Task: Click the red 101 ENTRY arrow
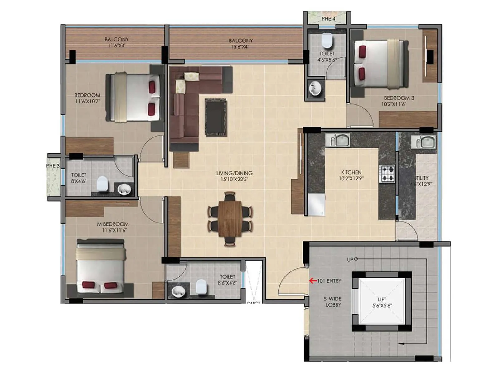[x=313, y=281]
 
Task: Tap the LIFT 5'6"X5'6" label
[x=382, y=303]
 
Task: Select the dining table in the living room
[x=230, y=219]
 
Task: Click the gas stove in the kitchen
[x=387, y=174]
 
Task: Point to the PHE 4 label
[x=328, y=19]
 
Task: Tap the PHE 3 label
[x=53, y=166]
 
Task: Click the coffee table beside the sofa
[x=216, y=117]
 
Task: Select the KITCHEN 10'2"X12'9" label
[x=351, y=175]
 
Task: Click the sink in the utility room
[x=424, y=142]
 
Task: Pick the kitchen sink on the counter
[x=338, y=140]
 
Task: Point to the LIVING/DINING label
[x=234, y=176]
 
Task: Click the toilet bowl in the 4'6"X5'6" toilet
[x=327, y=41]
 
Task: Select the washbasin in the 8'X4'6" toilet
[x=124, y=189]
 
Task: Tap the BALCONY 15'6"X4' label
[x=240, y=44]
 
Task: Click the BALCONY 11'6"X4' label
[x=117, y=42]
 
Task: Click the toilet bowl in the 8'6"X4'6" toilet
[x=201, y=287]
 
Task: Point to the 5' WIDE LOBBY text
[x=333, y=302]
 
